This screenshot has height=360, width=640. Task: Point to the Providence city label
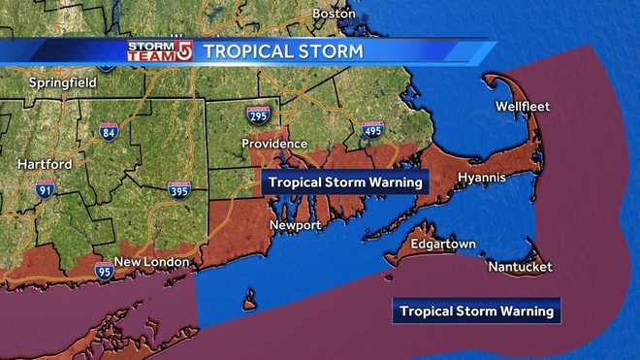274,144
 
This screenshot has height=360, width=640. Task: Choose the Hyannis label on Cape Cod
482,179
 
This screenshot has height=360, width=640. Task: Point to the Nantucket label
520,266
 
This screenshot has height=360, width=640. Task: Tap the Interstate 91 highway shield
45,190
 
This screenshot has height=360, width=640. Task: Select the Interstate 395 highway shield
178,190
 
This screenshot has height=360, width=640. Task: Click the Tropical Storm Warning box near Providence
345,181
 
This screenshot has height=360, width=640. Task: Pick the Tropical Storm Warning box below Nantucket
477,311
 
